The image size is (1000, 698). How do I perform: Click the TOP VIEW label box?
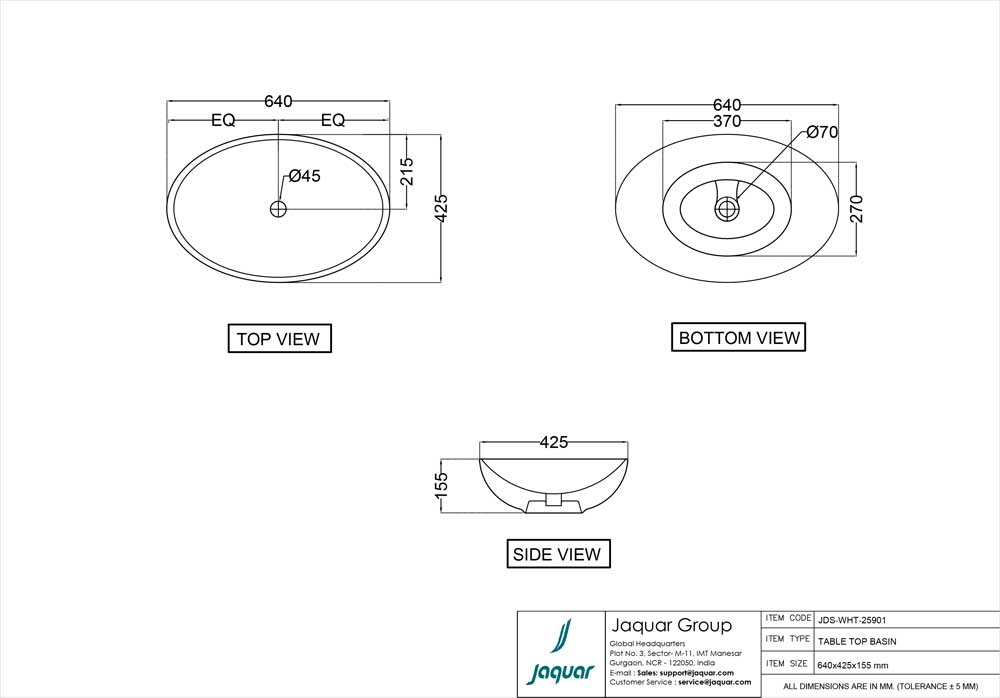(279, 339)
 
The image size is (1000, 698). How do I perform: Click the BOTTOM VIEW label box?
(739, 338)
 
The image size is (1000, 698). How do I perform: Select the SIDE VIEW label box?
(557, 554)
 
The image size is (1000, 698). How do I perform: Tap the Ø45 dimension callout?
(304, 177)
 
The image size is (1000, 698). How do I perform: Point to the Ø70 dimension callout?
(822, 133)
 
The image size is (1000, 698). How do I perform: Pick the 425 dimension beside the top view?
(441, 207)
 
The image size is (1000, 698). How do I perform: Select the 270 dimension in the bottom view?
(857, 207)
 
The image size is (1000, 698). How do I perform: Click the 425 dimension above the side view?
(554, 442)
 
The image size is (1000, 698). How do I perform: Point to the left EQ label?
(223, 120)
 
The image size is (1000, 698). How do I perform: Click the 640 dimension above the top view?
(278, 101)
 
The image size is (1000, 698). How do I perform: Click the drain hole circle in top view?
(278, 208)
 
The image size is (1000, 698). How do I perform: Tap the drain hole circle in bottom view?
(727, 208)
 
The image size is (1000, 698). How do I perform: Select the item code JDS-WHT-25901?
(851, 619)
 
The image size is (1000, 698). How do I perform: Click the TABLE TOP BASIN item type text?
(857, 641)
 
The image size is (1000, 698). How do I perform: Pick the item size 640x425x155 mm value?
(853, 665)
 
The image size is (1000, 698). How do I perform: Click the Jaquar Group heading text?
(670, 625)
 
